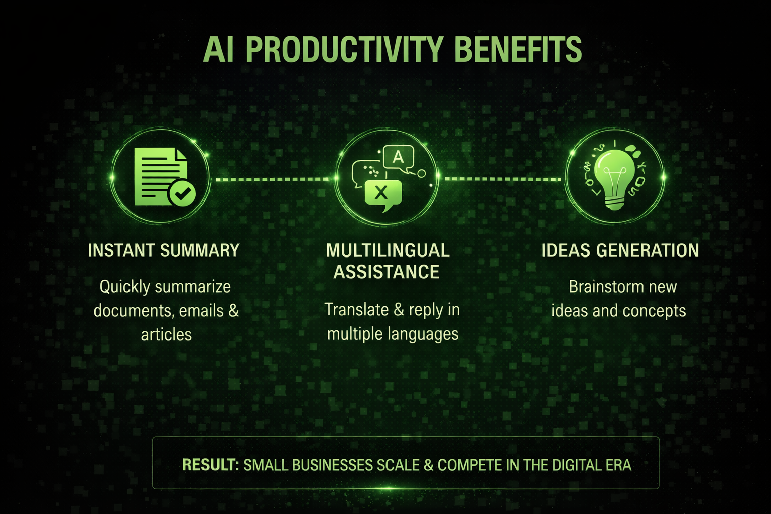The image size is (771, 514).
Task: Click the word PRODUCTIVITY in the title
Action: tap(344, 49)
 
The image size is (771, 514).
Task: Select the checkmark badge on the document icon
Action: tap(182, 192)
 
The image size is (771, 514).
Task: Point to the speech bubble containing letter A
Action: tap(398, 157)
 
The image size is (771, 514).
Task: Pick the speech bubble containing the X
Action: tap(382, 193)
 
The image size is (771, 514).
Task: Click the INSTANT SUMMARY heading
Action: tap(164, 250)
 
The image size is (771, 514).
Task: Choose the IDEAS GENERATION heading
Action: tap(620, 250)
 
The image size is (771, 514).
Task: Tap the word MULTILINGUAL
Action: tap(388, 250)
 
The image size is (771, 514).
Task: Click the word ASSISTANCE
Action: tap(387, 272)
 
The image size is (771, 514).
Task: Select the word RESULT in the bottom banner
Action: tap(209, 465)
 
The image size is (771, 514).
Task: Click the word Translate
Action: tap(356, 310)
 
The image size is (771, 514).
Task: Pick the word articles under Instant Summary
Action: tap(166, 334)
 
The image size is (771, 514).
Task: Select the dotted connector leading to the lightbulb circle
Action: tap(502, 179)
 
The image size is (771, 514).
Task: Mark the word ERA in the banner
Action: tap(618, 465)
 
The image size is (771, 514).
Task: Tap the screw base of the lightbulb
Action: tap(614, 203)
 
